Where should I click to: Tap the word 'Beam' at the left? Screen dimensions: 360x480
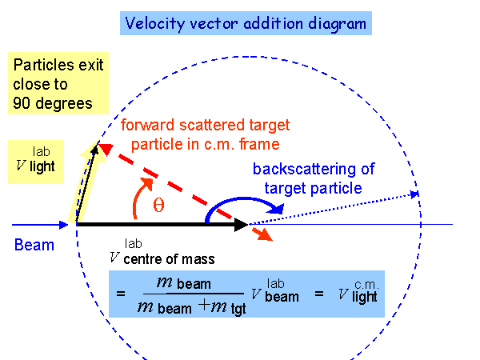coord(34,244)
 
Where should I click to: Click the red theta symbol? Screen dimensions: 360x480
coord(158,206)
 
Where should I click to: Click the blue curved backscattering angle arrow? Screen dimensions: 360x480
coord(240,202)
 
